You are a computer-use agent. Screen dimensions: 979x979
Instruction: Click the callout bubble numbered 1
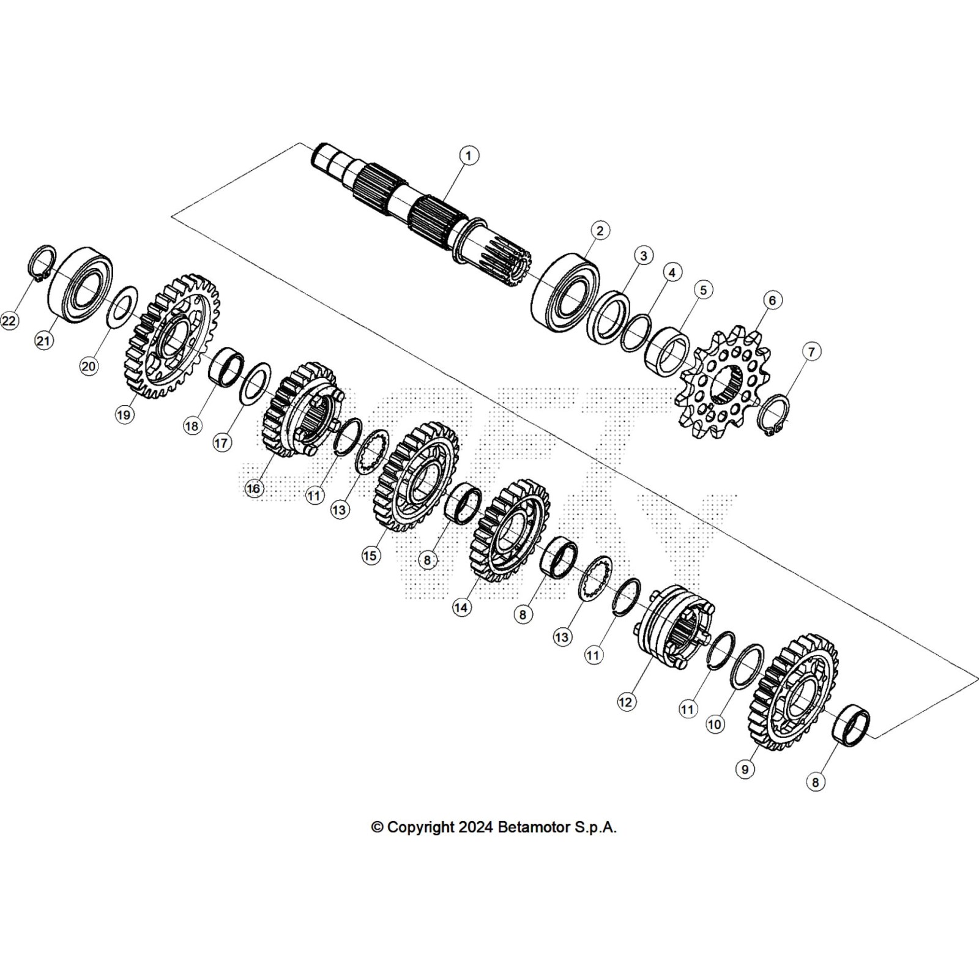469,155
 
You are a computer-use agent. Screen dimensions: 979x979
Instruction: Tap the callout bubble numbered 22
9,321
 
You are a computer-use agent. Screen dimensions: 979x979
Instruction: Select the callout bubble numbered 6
772,300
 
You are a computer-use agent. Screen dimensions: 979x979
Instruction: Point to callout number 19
124,415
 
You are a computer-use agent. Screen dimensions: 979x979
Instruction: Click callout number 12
625,702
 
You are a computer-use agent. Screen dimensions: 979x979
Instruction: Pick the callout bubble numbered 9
745,769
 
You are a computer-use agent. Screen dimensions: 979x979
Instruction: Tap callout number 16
253,488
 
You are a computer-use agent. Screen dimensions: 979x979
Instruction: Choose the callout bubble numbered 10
715,724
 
